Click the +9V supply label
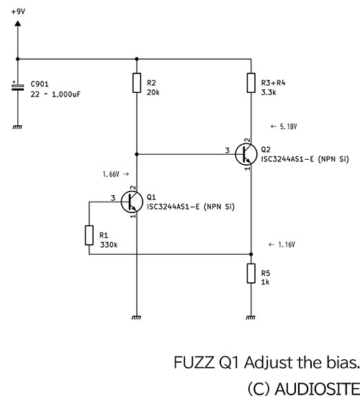[18, 12]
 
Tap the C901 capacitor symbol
[18, 86]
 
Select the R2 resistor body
[137, 83]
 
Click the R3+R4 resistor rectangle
[251, 83]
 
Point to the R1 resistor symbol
[89, 235]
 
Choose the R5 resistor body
[251, 274]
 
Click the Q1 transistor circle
[132, 202]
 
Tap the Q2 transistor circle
[246, 154]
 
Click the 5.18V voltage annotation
[284, 126]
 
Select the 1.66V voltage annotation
[116, 174]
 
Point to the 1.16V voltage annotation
[282, 245]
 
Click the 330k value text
[109, 245]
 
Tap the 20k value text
[153, 92]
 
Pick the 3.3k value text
[269, 92]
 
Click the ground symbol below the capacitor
[17, 127]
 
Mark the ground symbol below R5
[251, 318]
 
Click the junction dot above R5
[251, 254]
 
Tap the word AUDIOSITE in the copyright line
[318, 388]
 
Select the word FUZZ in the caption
[194, 362]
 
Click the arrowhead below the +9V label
[18, 23]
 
